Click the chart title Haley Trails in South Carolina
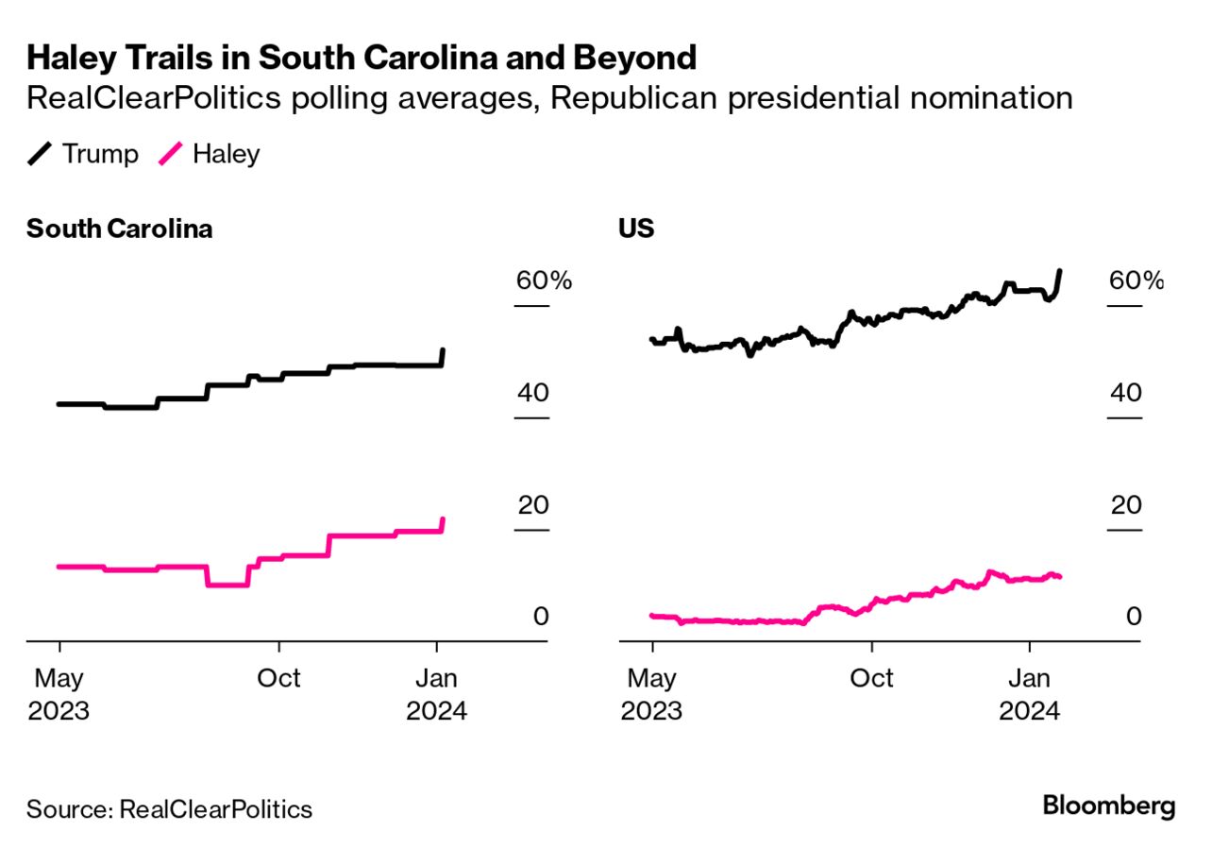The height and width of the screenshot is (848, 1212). (362, 59)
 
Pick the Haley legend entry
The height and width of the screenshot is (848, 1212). (210, 154)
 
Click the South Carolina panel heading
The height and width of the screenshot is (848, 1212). (119, 229)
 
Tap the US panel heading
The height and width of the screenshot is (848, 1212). (635, 229)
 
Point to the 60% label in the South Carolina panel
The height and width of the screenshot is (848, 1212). (544, 281)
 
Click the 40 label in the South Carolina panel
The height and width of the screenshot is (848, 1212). (532, 393)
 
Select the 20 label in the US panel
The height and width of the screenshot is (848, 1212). (1126, 505)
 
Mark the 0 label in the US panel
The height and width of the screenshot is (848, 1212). (1133, 617)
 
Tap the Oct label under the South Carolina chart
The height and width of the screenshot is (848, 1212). (278, 678)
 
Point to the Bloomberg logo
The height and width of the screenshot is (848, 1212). (1109, 806)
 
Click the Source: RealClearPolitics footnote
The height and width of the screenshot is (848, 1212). (169, 809)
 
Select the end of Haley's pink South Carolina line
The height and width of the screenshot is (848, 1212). (443, 519)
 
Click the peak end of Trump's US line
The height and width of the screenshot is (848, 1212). (1060, 272)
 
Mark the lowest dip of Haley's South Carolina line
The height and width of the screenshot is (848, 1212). (227, 585)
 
